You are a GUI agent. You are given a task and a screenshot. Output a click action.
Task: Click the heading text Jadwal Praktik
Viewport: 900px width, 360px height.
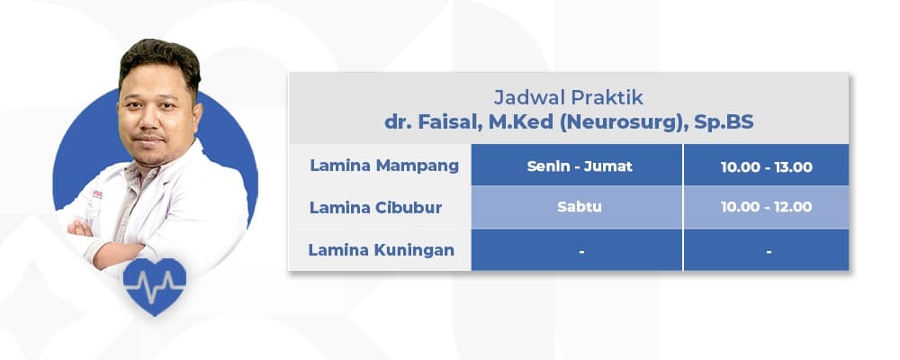[568, 95]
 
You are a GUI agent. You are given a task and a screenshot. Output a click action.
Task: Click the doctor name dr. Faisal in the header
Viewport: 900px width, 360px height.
[428, 121]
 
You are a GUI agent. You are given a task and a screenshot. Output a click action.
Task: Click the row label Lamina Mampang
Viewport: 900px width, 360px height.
[384, 166]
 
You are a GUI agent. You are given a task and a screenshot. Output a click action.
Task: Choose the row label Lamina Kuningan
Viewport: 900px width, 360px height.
[382, 250]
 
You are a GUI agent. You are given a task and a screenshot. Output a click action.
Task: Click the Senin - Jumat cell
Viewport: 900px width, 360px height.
[576, 166]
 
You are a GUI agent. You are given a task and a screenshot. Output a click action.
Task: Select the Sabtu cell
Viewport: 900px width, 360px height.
[578, 208]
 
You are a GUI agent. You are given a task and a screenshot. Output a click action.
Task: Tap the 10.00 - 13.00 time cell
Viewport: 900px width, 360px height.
[767, 166]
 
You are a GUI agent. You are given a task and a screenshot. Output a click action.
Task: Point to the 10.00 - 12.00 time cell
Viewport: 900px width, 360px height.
[767, 208]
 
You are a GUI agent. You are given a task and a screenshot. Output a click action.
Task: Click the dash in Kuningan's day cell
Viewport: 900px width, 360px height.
[582, 252]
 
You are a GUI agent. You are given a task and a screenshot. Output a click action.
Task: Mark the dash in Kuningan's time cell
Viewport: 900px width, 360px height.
[769, 252]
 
